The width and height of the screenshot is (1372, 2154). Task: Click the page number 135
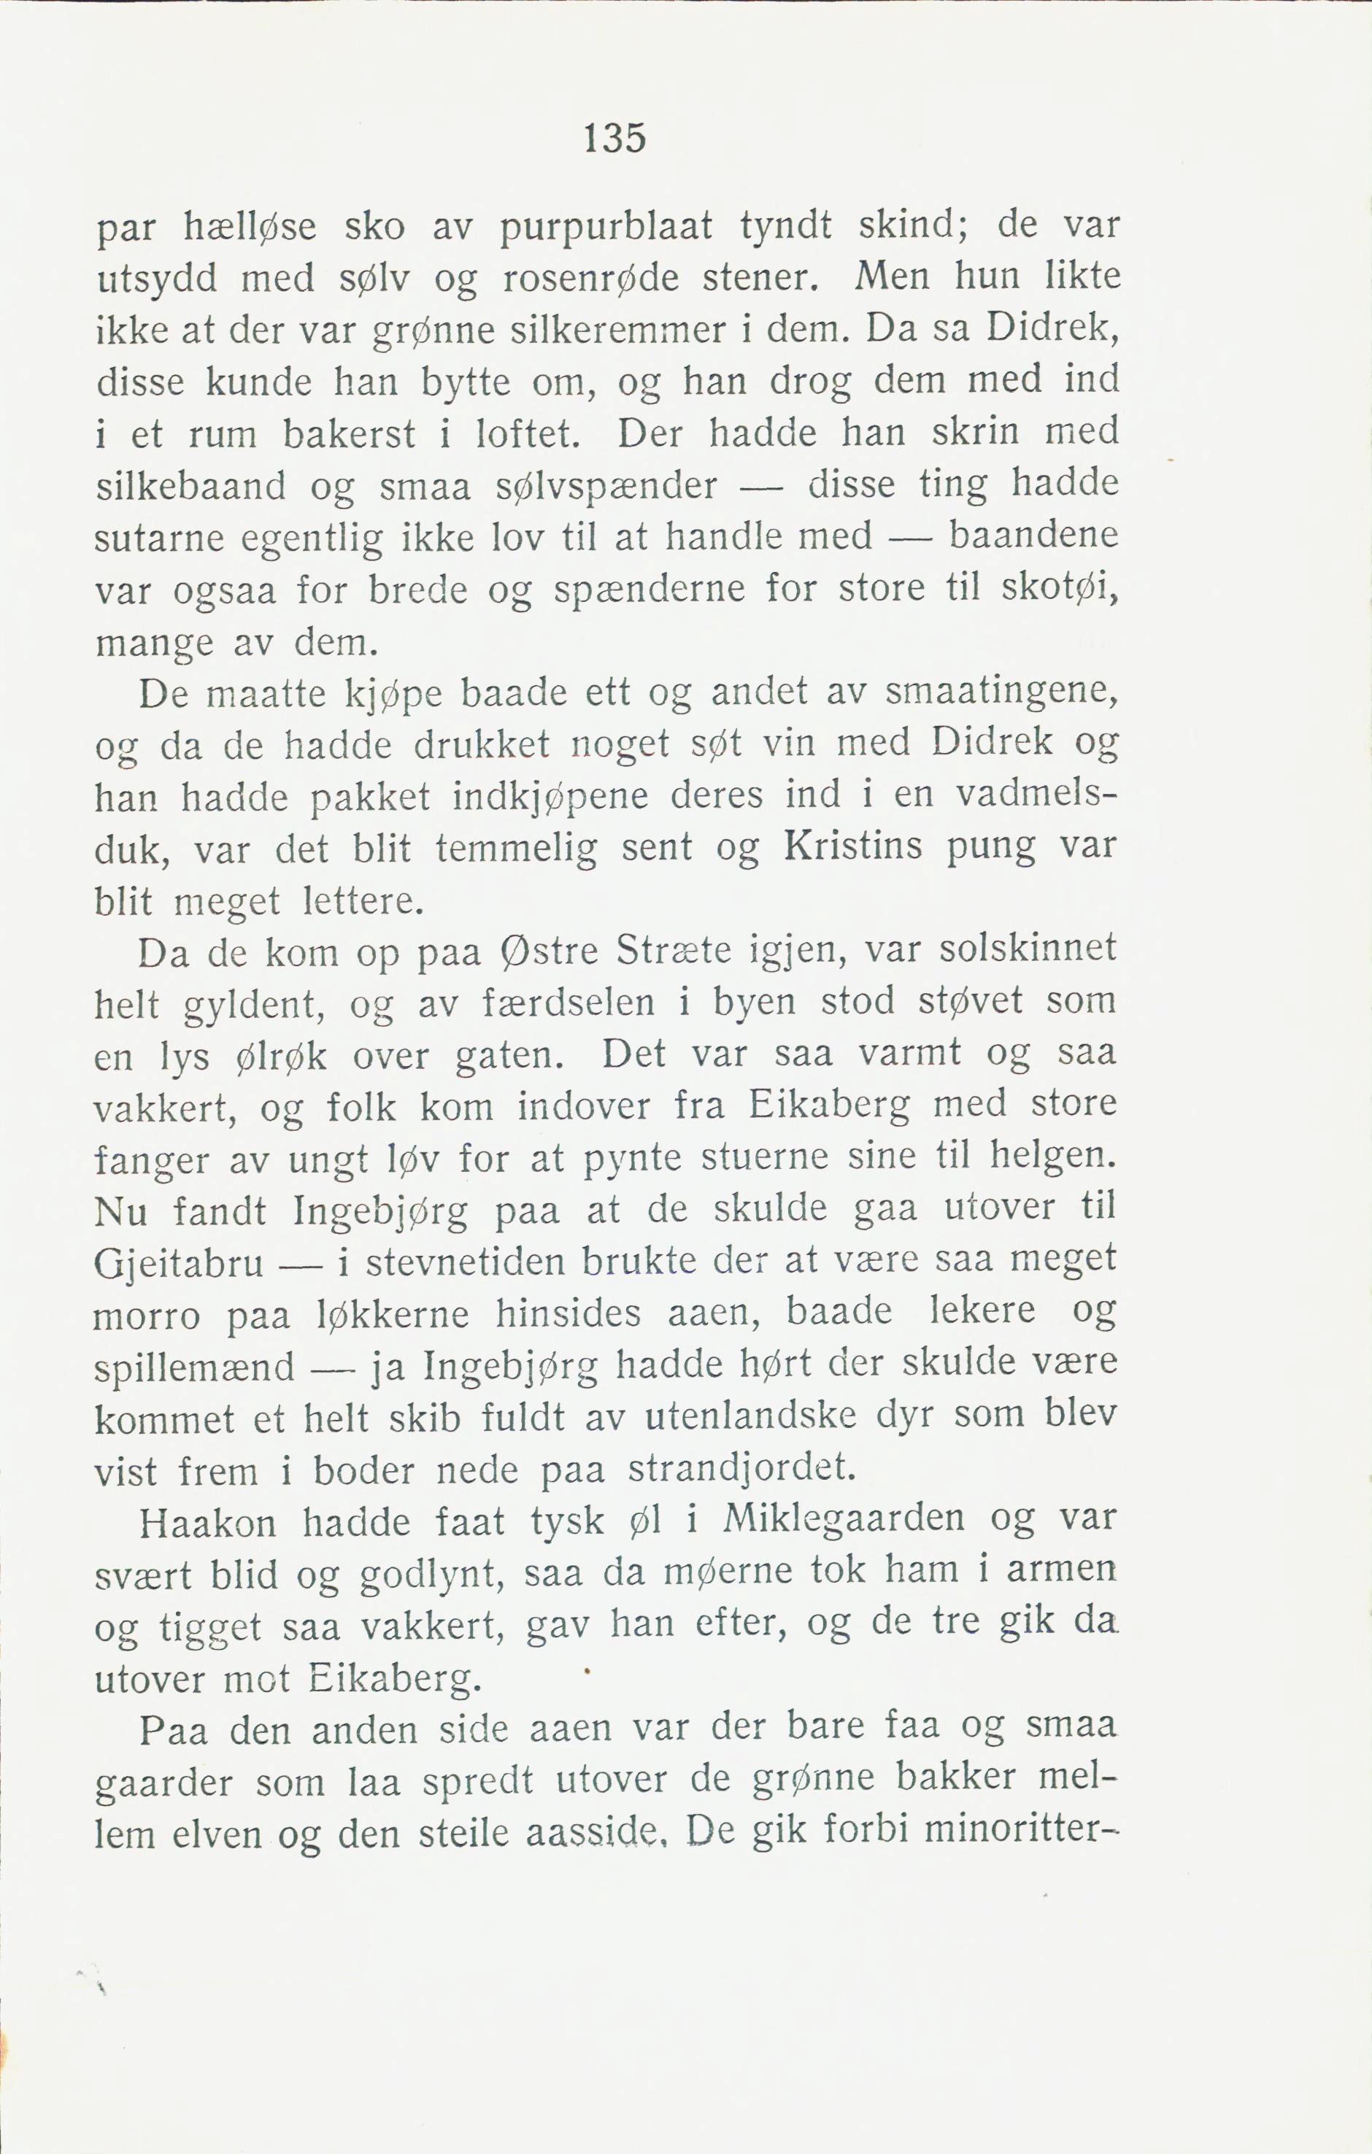click(x=614, y=139)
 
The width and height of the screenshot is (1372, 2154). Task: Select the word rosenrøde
click(x=590, y=279)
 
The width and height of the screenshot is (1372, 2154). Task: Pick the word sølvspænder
click(x=606, y=487)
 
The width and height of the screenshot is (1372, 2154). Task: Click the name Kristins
click(x=852, y=846)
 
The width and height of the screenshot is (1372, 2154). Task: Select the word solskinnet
click(x=1028, y=949)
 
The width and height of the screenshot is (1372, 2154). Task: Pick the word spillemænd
click(x=194, y=1367)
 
